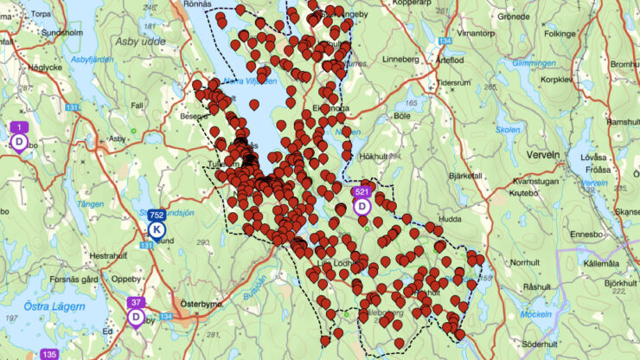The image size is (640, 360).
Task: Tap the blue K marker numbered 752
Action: (157, 228)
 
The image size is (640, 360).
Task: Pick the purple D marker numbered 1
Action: (19, 140)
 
